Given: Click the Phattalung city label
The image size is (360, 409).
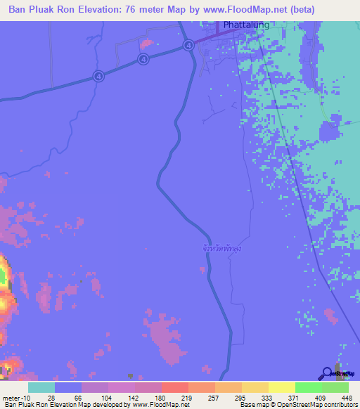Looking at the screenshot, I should tap(247, 26).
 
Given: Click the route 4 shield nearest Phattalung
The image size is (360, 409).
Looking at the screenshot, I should tap(188, 46).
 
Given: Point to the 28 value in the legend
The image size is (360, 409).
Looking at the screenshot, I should tap(51, 397).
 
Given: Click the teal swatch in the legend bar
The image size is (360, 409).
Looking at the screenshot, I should tap(41, 387).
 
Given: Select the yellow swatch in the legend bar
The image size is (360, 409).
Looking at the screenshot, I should tap(282, 387).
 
